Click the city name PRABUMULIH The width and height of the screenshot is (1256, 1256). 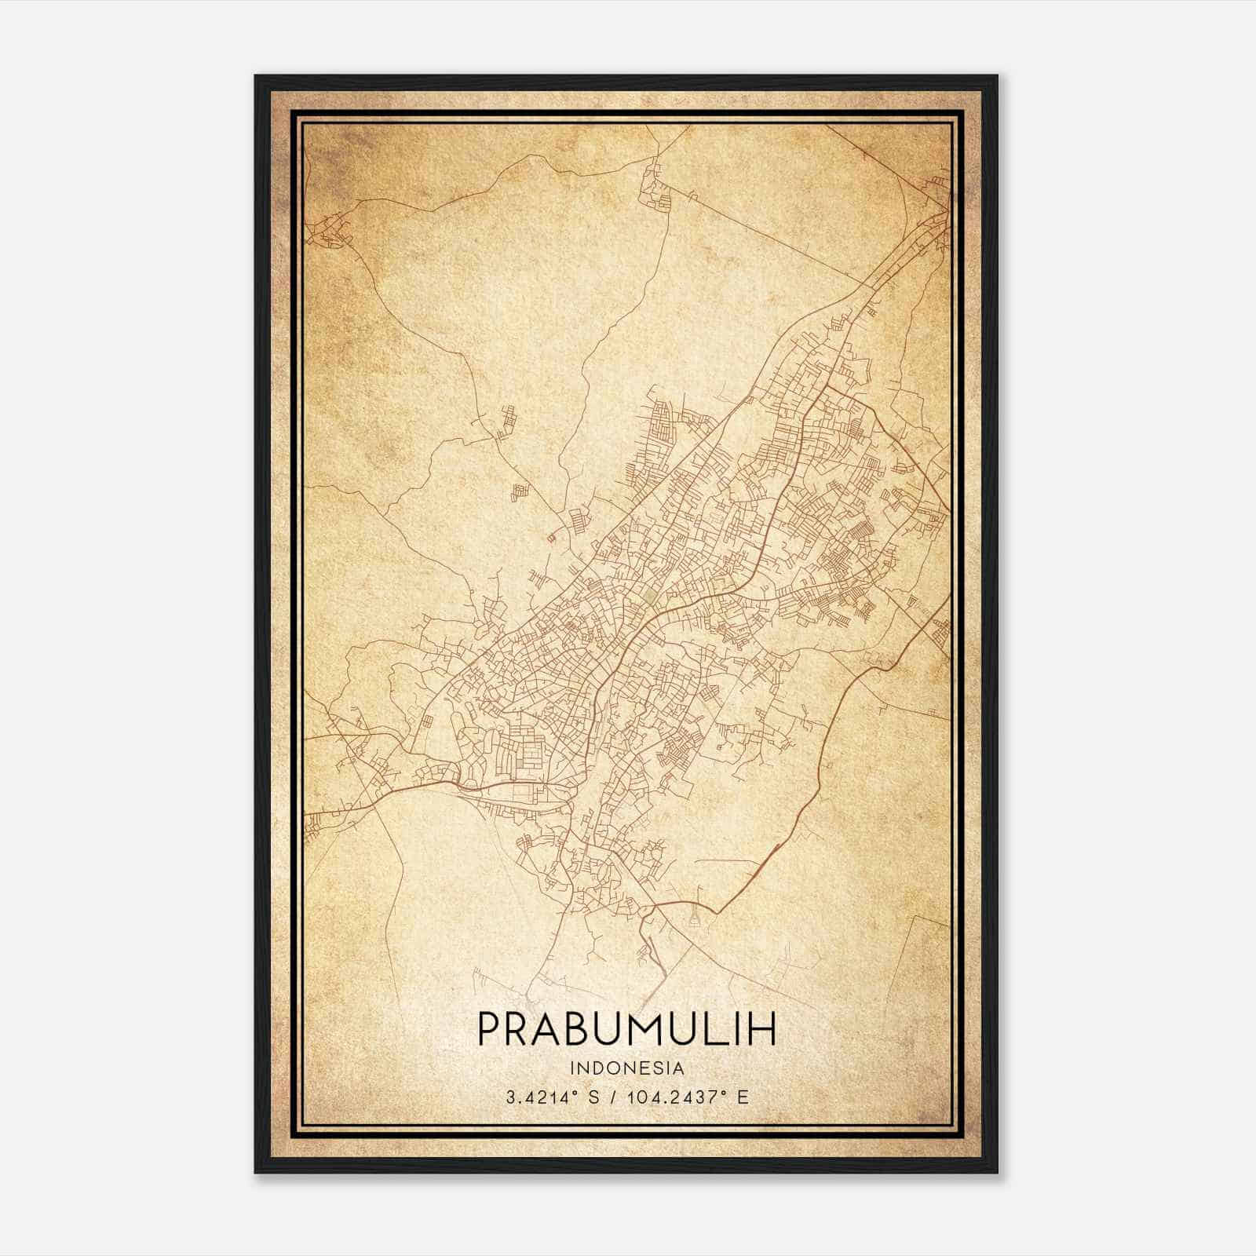[x=626, y=1029]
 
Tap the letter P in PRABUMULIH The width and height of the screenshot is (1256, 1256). [x=490, y=1029]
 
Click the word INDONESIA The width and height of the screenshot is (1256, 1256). [x=627, y=1068]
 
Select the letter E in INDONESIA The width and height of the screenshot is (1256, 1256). [x=650, y=1068]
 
